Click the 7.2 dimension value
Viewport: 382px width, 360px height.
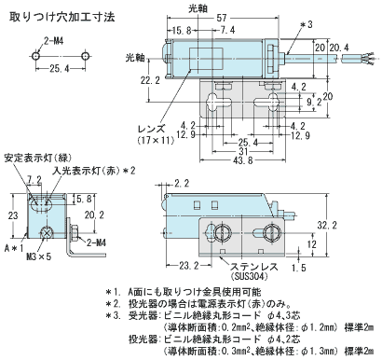pyautogui.click(x=35, y=177)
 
